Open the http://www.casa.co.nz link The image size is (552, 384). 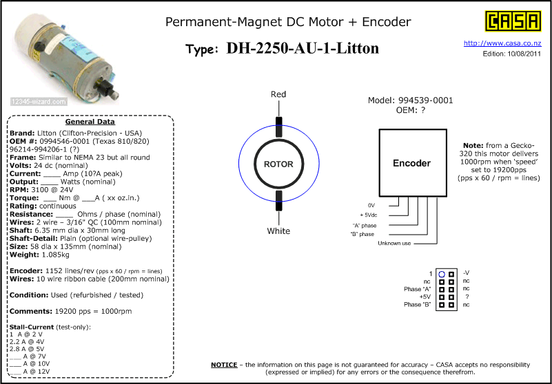tap(502, 43)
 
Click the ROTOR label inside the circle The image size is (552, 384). tap(278, 164)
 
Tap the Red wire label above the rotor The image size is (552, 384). tap(278, 94)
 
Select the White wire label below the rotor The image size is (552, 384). tap(278, 231)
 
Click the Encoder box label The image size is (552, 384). tap(411, 163)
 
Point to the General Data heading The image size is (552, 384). tap(89, 122)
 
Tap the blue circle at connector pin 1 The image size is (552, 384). tap(442, 274)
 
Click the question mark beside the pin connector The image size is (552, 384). tap(467, 297)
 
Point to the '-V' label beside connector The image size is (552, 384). tap(467, 274)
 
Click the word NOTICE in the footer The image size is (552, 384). tap(223, 364)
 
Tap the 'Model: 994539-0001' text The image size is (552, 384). tap(411, 100)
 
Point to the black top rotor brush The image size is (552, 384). tap(278, 127)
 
